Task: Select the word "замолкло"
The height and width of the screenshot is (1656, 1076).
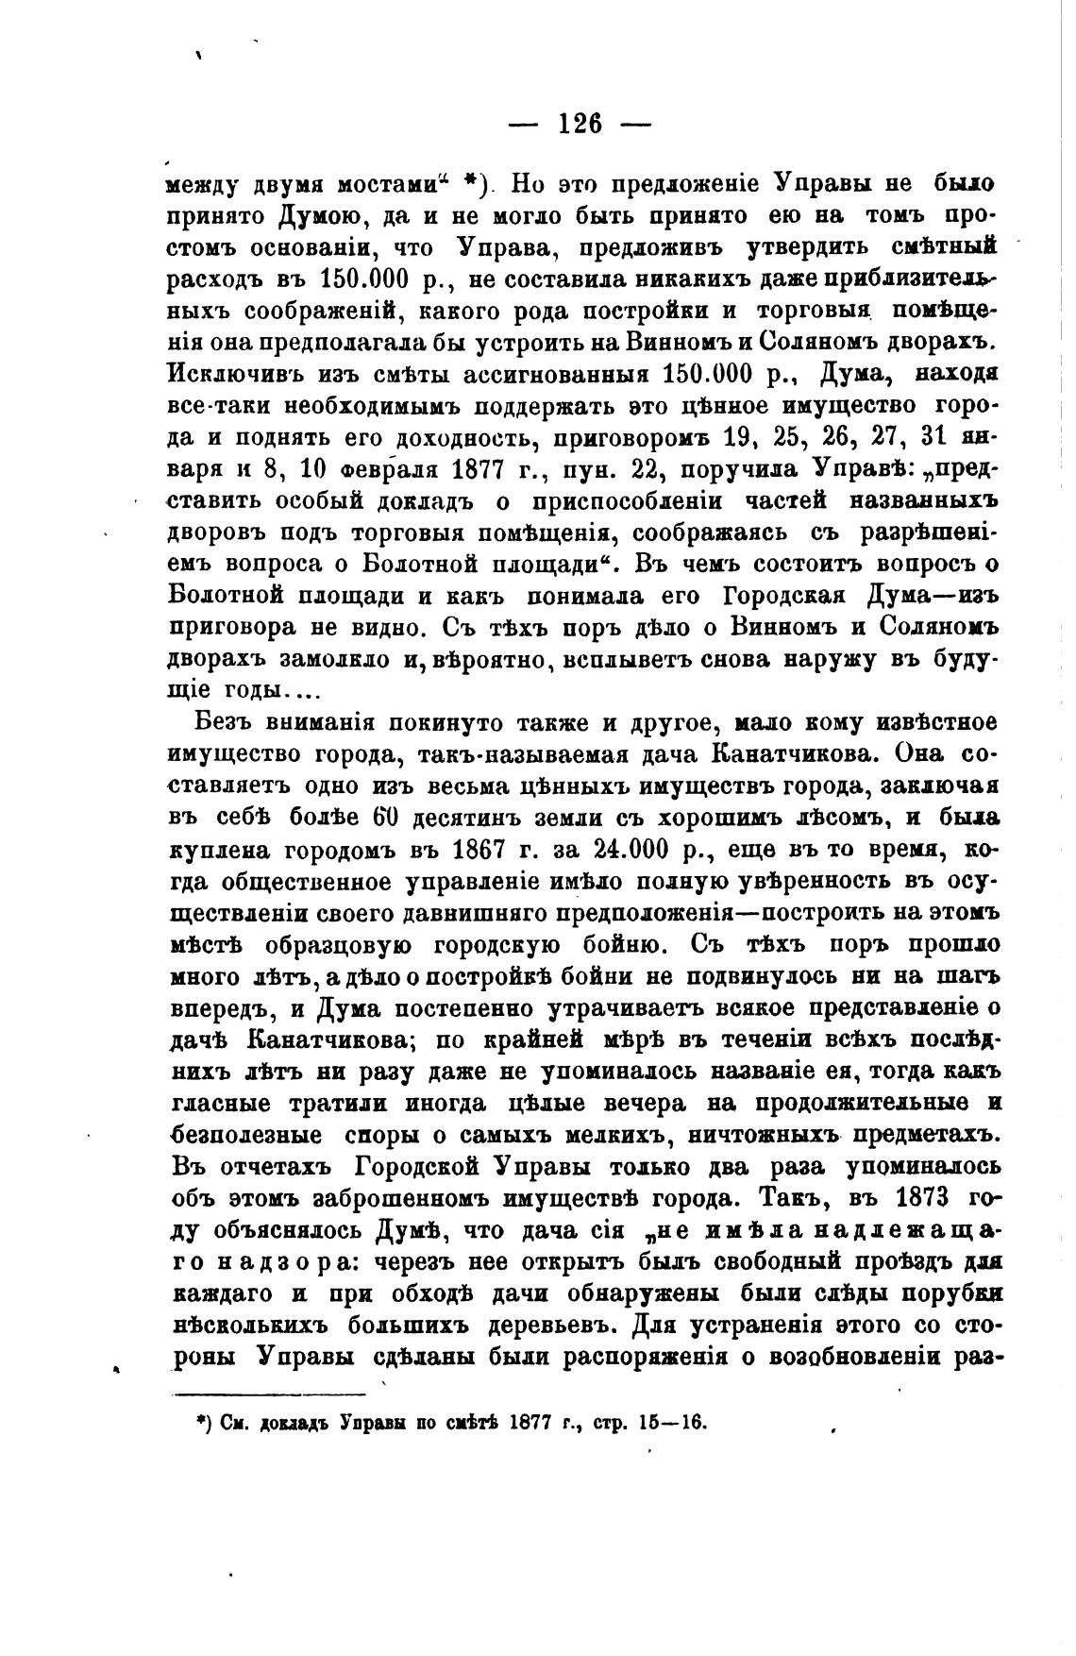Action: (x=332, y=658)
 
